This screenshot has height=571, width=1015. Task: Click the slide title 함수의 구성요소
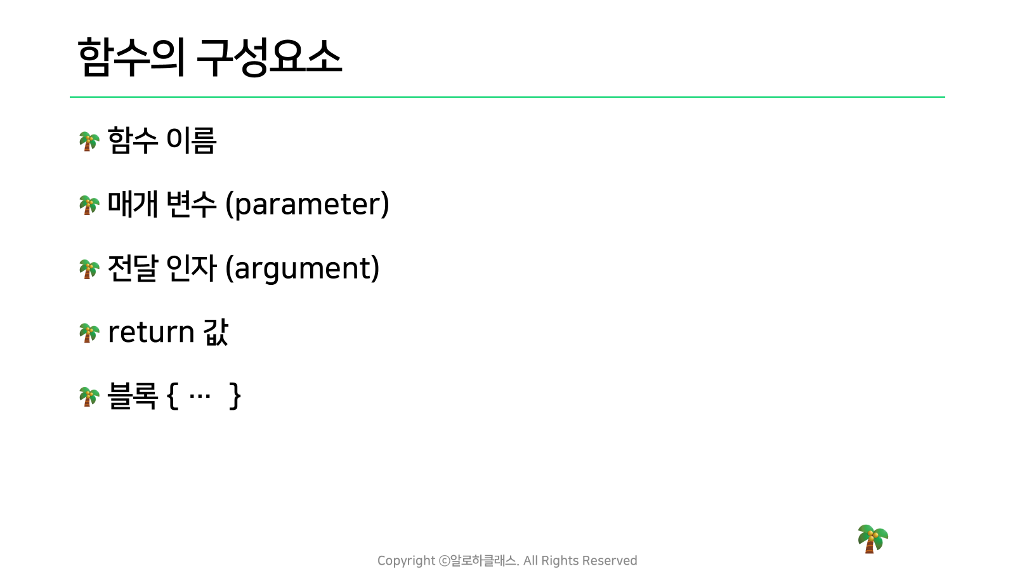pyautogui.click(x=210, y=57)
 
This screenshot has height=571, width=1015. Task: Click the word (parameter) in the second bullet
pyautogui.click(x=307, y=204)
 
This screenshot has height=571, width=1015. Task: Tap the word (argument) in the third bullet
pyautogui.click(x=302, y=268)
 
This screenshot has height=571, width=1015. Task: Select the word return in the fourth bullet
pyautogui.click(x=152, y=332)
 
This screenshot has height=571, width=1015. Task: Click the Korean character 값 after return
pyautogui.click(x=216, y=332)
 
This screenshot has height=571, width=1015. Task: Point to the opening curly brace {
pyautogui.click(x=172, y=396)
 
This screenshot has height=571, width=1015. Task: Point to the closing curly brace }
pyautogui.click(x=235, y=396)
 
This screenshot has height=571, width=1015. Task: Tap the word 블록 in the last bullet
pyautogui.click(x=133, y=396)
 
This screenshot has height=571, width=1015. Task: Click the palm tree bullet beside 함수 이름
pyautogui.click(x=89, y=141)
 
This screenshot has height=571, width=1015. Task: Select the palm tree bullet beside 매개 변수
pyautogui.click(x=89, y=205)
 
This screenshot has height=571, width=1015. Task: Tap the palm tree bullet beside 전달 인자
pyautogui.click(x=89, y=269)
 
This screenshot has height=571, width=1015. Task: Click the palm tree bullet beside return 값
pyautogui.click(x=89, y=332)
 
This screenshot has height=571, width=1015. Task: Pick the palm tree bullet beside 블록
pyautogui.click(x=89, y=397)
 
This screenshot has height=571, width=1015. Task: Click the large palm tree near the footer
pyautogui.click(x=873, y=539)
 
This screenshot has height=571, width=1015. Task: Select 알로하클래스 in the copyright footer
pyautogui.click(x=483, y=561)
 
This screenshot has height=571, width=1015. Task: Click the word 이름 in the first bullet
pyautogui.click(x=191, y=140)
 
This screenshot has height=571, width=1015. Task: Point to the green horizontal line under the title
pyautogui.click(x=507, y=97)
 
